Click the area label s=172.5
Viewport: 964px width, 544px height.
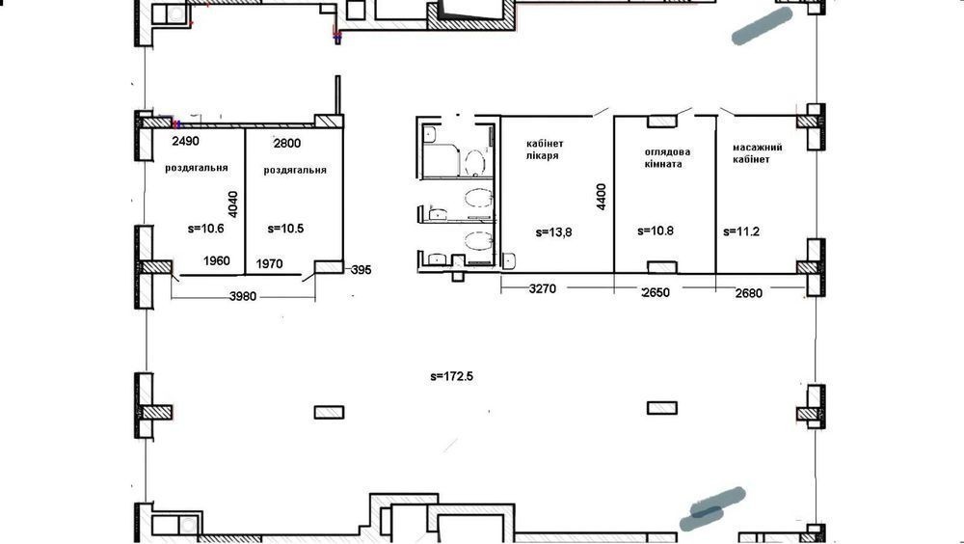tap(452, 376)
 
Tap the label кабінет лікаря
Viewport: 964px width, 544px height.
tap(545, 150)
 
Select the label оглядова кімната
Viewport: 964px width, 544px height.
tap(667, 157)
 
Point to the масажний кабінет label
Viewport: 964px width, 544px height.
tap(757, 153)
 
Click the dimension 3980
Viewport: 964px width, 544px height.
tap(243, 297)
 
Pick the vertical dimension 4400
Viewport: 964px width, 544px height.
tap(602, 197)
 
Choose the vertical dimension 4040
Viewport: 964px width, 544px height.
tap(233, 204)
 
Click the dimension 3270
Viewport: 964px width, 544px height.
tap(543, 288)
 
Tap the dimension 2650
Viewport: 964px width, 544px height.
tap(656, 292)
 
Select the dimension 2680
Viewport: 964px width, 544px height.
tap(749, 293)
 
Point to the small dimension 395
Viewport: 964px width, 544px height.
tap(361, 269)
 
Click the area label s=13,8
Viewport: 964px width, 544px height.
tap(553, 232)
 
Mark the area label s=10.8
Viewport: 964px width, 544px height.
tap(656, 231)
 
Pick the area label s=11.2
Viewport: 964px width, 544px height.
tap(741, 232)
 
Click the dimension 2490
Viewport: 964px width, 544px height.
tap(186, 141)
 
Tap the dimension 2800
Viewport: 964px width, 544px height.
tap(287, 144)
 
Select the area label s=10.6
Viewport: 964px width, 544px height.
tap(206, 229)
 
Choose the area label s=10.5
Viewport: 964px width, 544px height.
tap(286, 229)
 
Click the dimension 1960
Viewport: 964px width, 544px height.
tap(216, 261)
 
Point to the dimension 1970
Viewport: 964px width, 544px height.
tap(269, 264)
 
